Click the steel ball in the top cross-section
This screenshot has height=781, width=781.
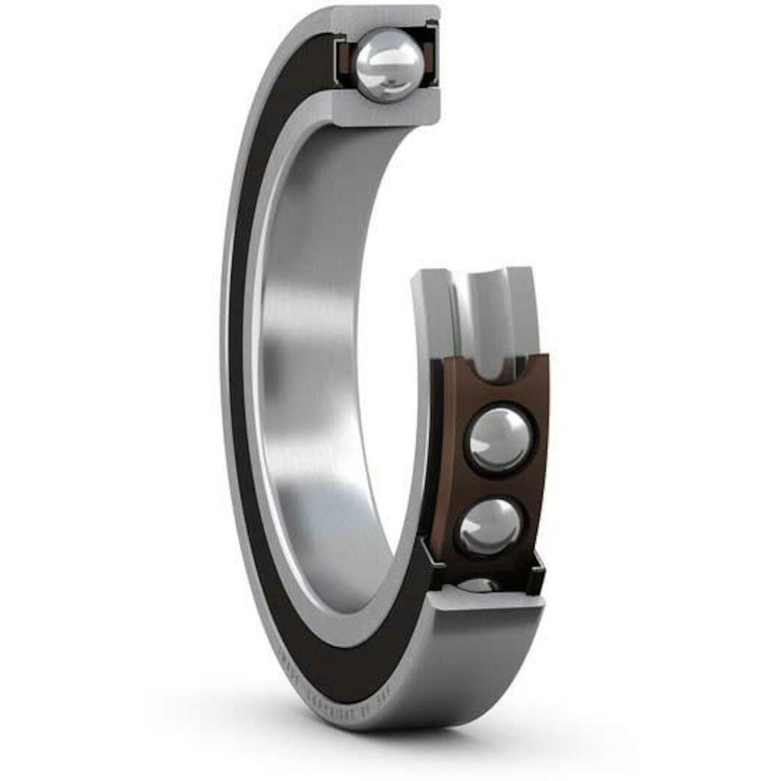point(389,65)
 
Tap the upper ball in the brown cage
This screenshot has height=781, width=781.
point(499,439)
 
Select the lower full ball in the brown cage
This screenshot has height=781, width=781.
point(490,526)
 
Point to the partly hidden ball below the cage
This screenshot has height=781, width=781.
point(479,584)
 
